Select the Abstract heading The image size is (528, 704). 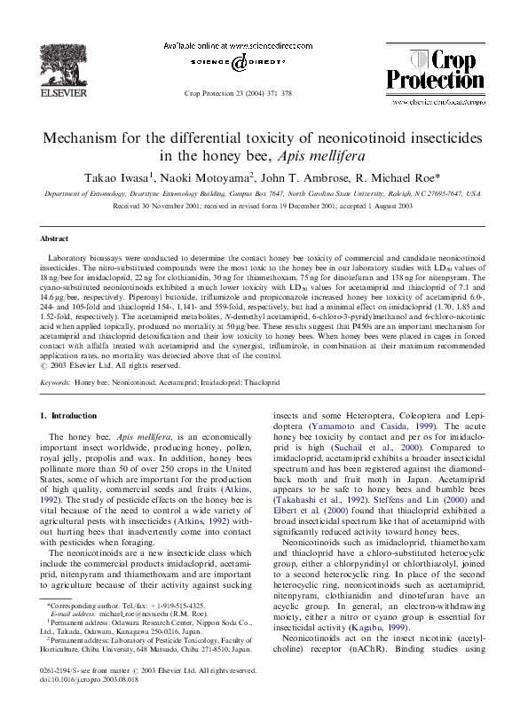coord(55,239)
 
